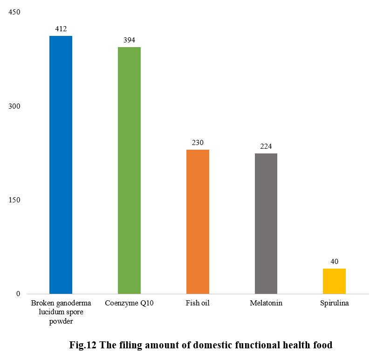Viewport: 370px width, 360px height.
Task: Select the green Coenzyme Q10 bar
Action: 129,170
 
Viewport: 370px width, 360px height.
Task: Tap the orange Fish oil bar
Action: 198,222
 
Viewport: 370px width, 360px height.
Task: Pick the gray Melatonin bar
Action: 266,223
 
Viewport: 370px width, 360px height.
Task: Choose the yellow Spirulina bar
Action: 334,281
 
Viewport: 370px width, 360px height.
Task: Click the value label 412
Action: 61,29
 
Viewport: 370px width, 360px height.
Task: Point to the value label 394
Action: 129,40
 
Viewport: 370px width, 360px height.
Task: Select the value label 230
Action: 198,143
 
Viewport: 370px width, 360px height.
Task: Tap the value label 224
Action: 266,146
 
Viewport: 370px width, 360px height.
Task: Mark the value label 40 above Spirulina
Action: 334,262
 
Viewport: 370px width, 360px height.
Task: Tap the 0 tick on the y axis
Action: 18,294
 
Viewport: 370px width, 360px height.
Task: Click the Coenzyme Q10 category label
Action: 129,304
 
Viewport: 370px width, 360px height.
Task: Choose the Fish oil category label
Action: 198,304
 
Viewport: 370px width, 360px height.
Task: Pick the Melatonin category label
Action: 266,304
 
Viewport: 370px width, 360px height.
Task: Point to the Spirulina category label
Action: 334,304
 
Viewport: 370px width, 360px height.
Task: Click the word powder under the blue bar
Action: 61,321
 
